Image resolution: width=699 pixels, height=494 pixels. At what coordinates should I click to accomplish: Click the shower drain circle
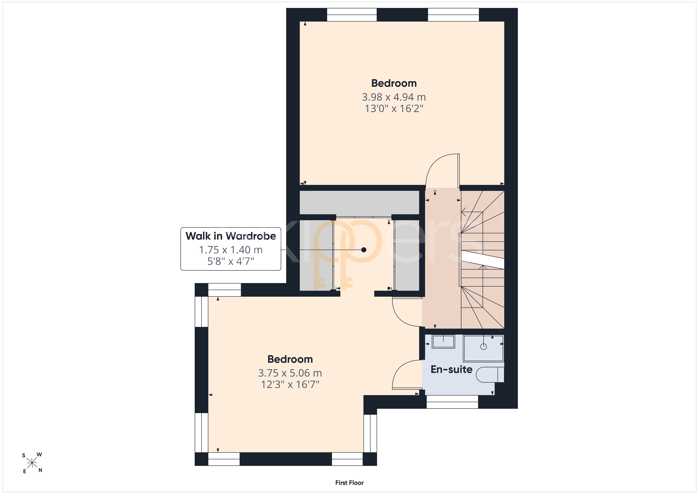484,346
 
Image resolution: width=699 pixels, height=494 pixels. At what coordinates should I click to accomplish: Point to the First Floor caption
349,483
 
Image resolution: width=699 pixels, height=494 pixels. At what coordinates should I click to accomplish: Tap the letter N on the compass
40,470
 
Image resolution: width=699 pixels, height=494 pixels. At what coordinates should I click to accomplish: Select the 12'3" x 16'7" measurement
290,384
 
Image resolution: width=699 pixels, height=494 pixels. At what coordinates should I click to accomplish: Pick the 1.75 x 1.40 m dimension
231,250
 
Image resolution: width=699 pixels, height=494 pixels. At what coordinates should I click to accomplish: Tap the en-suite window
452,402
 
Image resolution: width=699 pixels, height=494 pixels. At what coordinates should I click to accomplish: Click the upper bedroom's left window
352,15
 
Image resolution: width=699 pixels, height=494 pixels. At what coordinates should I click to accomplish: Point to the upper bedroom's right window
453,15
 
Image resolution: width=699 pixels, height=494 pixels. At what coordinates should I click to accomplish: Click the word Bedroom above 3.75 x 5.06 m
290,359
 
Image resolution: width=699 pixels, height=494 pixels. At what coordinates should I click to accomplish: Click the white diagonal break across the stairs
483,260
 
